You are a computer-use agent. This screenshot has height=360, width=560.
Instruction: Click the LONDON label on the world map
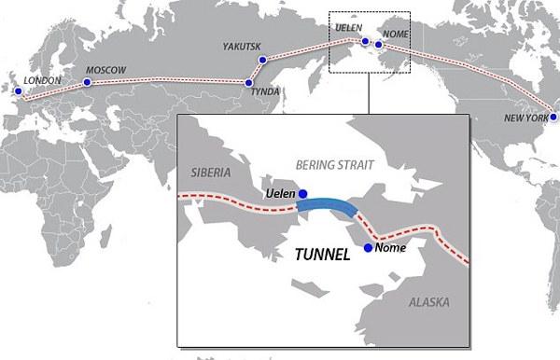(x=43, y=81)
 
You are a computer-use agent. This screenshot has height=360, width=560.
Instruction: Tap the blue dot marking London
(x=15, y=91)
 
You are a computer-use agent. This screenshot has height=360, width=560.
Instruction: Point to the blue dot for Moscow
(x=87, y=82)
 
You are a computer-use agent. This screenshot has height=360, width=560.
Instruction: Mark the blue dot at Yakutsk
(x=262, y=60)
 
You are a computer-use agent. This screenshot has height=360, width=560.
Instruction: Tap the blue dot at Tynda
(x=249, y=83)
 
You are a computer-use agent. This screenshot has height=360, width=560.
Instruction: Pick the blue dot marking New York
(x=553, y=117)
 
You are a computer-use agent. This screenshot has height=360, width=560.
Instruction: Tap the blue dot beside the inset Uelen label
(x=301, y=192)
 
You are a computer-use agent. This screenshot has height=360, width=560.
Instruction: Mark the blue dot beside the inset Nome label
(x=368, y=248)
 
